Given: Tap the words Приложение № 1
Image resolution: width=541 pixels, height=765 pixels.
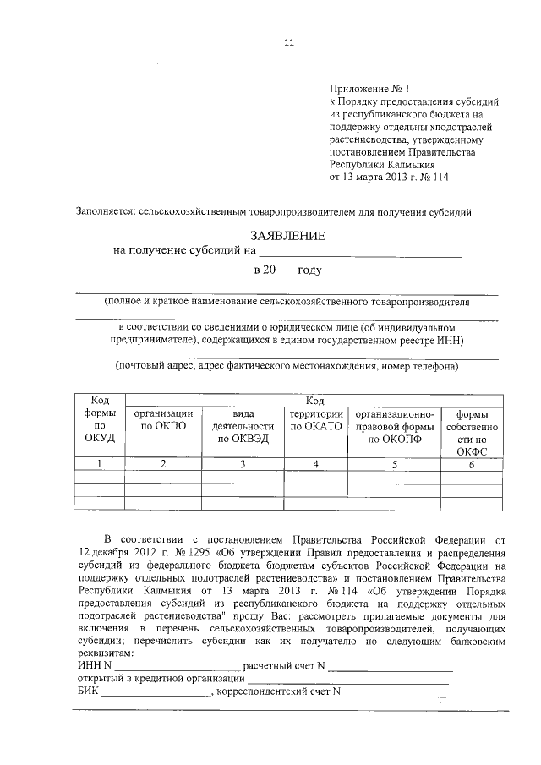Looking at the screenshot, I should pos(369,87).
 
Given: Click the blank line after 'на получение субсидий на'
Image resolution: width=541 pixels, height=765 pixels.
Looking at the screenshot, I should pos(360,251).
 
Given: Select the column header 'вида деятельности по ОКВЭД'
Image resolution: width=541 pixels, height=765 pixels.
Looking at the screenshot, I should pos(242,426).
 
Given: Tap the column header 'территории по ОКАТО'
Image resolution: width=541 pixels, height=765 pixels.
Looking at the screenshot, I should pos(316,420).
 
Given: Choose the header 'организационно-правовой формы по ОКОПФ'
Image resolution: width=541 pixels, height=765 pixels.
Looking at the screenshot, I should pos(394,426).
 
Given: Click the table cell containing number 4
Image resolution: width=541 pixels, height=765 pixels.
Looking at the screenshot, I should pos(316,463).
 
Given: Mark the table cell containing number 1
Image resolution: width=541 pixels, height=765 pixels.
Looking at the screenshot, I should pos(100,463).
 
